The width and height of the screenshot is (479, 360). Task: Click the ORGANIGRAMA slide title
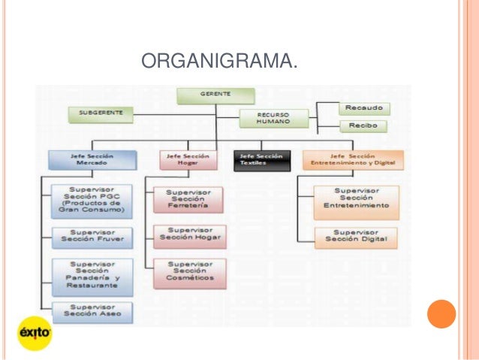[218, 60]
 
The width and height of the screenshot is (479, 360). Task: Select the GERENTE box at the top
[215, 95]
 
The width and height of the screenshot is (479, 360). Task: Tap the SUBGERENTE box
[100, 114]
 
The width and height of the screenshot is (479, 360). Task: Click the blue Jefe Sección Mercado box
[92, 159]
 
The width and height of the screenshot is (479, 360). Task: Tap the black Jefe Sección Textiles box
[261, 159]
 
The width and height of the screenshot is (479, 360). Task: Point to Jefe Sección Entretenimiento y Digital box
[353, 159]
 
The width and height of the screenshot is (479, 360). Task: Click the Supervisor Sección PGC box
[92, 201]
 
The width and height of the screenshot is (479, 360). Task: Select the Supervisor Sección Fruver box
[92, 237]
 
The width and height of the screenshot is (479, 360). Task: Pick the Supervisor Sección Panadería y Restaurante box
[92, 276]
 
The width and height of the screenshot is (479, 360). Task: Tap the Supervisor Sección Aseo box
[92, 312]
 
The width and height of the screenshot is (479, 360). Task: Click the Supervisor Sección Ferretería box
[188, 199]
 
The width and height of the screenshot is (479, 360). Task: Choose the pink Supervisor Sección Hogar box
[188, 236]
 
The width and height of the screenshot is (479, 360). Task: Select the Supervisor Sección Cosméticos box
[188, 273]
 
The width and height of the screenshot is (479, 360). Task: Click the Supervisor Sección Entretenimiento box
[356, 201]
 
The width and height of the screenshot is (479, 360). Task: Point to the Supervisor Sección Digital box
[356, 237]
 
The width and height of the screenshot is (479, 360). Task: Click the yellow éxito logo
[35, 331]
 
